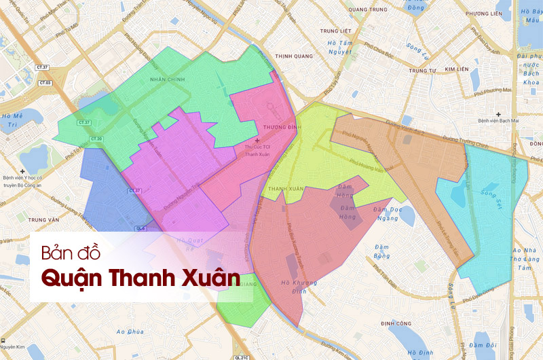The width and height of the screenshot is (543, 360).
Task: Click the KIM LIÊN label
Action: tap(458, 69)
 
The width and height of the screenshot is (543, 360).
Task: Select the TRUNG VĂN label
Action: tap(45, 220)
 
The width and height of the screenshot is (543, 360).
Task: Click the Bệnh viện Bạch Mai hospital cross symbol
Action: tap(499, 113)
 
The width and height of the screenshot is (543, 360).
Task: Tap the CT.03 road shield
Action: tap(45, 82)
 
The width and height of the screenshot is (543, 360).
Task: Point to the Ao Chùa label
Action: tap(130, 331)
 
